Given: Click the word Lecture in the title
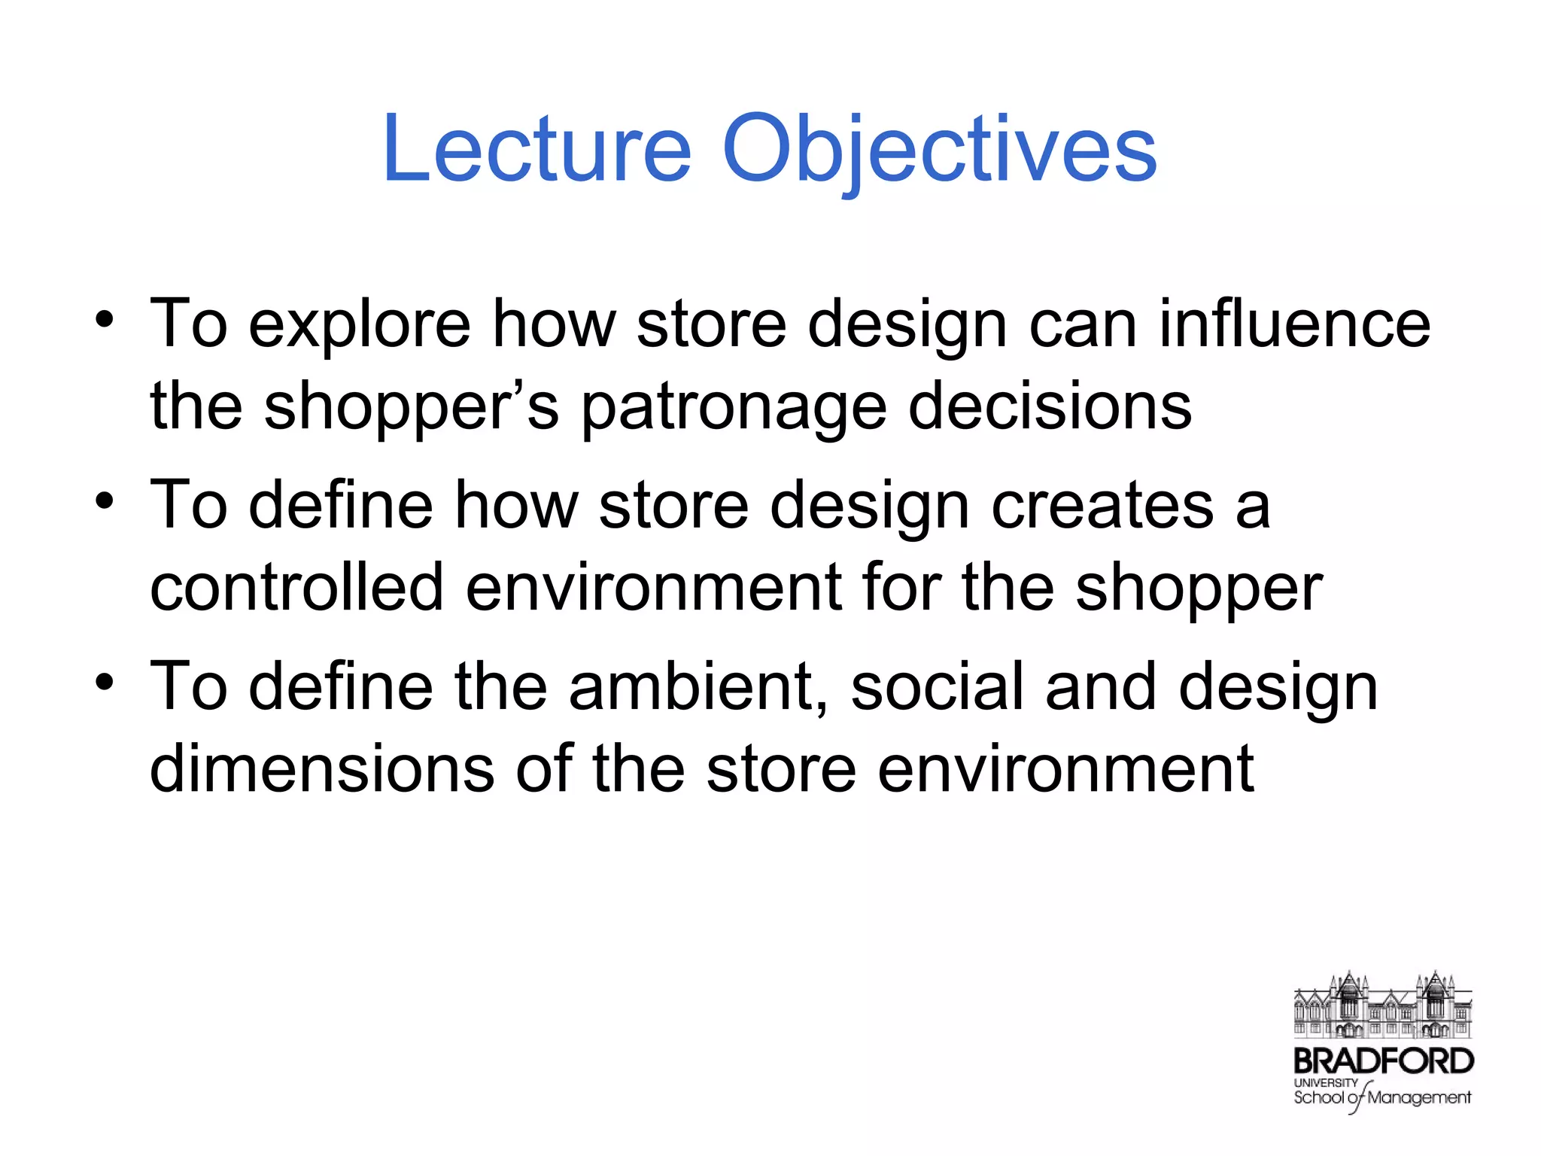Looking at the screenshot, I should pos(536,148).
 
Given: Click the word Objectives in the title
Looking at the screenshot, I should pos(939,148).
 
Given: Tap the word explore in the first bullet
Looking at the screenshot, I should pos(360,326).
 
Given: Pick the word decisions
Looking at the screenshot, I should pos(1050,406).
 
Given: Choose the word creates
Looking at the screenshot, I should pos(1103,506).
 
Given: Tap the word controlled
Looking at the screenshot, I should pos(296,587).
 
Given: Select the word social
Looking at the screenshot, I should pos(938,686).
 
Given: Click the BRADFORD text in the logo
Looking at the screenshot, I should pos(1383,1061).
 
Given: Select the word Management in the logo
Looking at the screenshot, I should pos(1419,1098).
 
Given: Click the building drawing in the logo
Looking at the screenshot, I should pos(1382,1005).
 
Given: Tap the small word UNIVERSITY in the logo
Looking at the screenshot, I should pos(1326,1082).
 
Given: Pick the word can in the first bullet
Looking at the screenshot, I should pos(1083,325).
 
